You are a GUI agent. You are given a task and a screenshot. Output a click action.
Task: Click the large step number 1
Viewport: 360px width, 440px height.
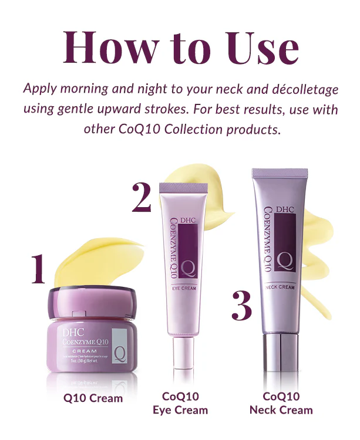click(x=38, y=269)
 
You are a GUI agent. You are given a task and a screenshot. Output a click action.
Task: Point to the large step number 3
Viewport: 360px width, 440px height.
click(x=241, y=304)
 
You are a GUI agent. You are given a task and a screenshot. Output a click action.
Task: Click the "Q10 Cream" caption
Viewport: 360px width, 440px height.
click(x=93, y=398)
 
